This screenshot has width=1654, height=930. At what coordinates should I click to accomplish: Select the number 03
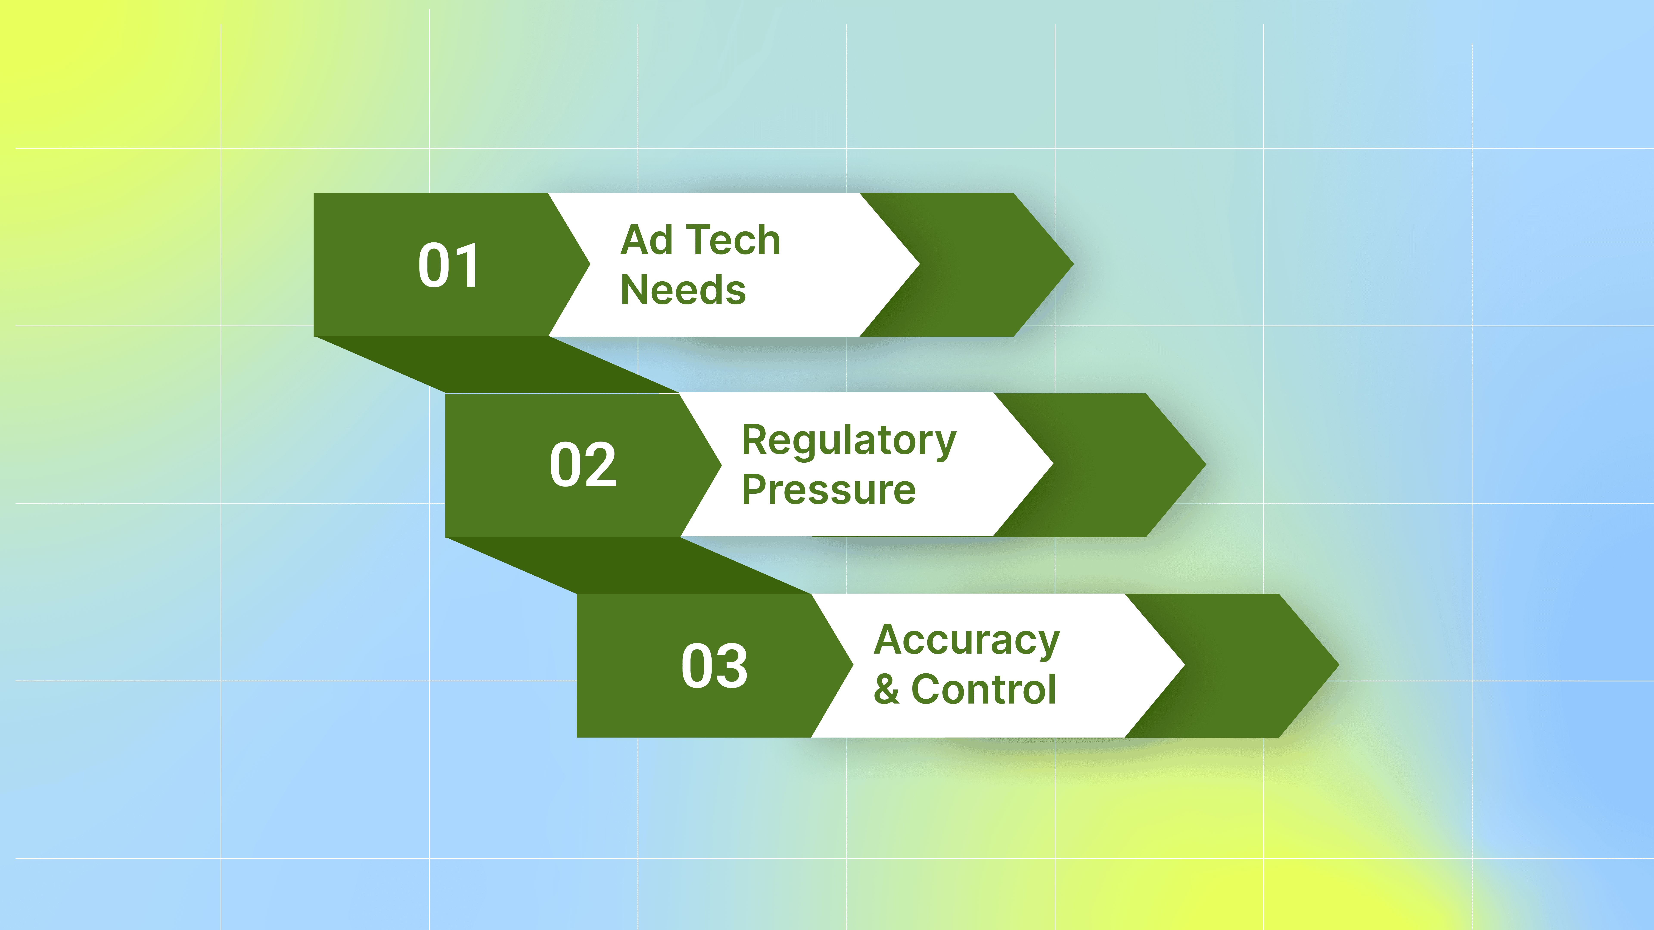(715, 666)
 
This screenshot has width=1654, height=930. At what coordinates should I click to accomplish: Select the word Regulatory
(849, 442)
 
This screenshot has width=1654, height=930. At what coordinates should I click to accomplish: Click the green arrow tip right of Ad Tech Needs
(1072, 264)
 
